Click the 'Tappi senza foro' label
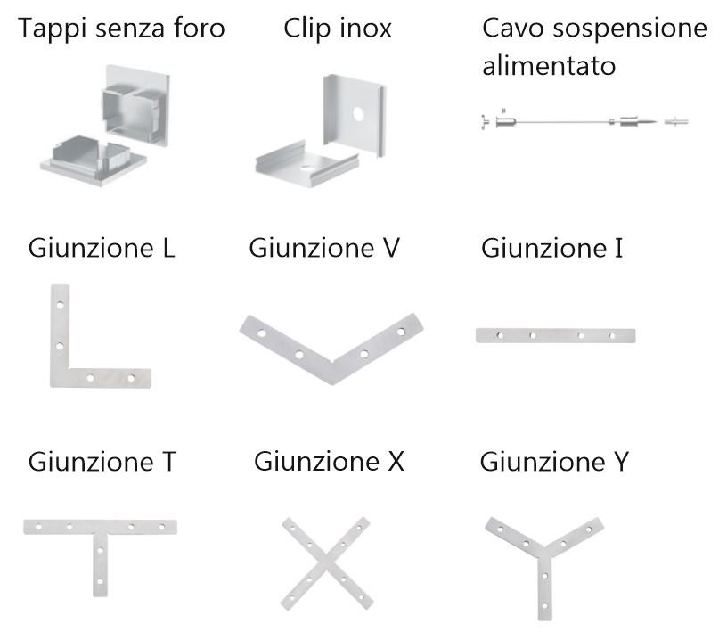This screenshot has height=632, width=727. click(121, 29)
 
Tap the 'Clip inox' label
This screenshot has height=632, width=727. click(338, 29)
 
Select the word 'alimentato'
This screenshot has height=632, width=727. click(549, 65)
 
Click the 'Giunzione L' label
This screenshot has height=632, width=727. click(102, 248)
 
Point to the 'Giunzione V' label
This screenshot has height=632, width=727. click(324, 248)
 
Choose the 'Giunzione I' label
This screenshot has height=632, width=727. click(551, 248)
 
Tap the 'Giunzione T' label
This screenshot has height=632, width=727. click(102, 461)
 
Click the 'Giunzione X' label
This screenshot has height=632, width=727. click(329, 461)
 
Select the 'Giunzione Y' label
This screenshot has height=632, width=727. click(554, 461)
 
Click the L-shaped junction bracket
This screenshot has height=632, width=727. click(60, 353)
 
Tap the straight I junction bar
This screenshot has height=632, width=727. click(555, 335)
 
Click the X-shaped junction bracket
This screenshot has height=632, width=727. click(326, 563)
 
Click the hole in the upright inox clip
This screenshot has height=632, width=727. click(358, 114)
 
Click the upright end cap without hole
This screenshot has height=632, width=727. click(135, 106)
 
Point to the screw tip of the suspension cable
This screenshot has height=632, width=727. click(657, 122)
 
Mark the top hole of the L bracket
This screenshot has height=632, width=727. click(60, 306)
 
